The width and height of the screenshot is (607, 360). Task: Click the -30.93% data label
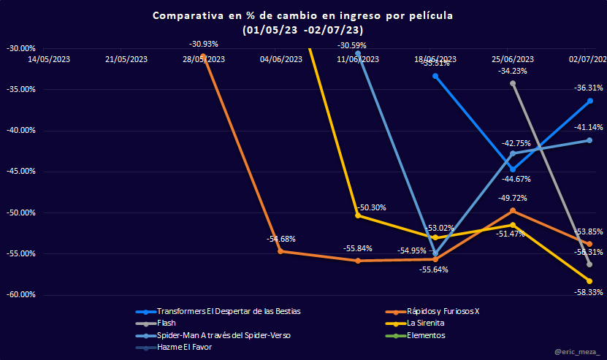tap(204, 45)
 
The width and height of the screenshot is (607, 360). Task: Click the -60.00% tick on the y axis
tap(20, 295)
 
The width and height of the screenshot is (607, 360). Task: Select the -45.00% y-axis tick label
tap(20, 172)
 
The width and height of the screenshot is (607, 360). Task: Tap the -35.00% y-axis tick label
tap(20, 89)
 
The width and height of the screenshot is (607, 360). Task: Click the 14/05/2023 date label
tap(49, 59)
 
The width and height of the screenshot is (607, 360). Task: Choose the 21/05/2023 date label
tap(126, 59)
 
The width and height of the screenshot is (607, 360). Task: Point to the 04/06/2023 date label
tap(281, 59)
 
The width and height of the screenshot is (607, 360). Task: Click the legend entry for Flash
tap(166, 323)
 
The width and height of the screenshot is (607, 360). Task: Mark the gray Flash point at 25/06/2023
tap(513, 83)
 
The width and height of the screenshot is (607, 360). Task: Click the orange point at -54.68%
tap(281, 251)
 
